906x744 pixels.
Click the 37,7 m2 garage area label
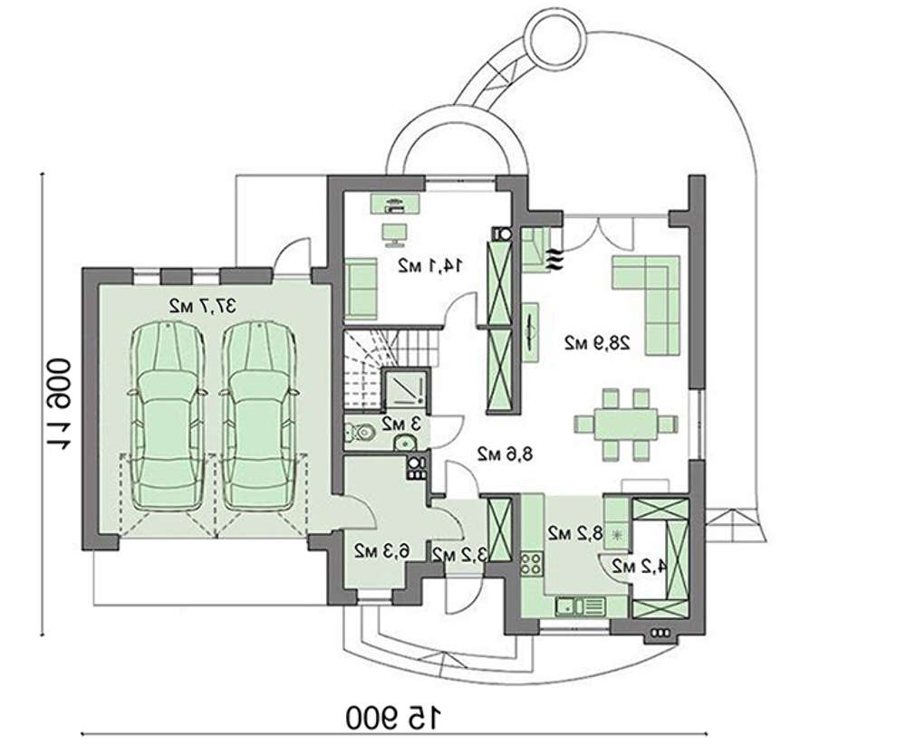coord(203,306)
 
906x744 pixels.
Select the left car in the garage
coord(167,416)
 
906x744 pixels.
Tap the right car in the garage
coord(259,416)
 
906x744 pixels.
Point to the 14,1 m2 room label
coord(430,265)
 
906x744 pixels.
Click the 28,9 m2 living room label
coord(597,343)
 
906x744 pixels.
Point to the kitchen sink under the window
coord(580,606)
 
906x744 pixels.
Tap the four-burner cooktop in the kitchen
coord(531,563)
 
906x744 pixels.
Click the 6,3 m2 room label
coord(381,550)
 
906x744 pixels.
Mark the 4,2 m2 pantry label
coord(638,567)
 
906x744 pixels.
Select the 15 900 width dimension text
coord(394,718)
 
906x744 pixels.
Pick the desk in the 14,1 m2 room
coord(394,203)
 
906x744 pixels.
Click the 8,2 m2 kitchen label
coord(575,533)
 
